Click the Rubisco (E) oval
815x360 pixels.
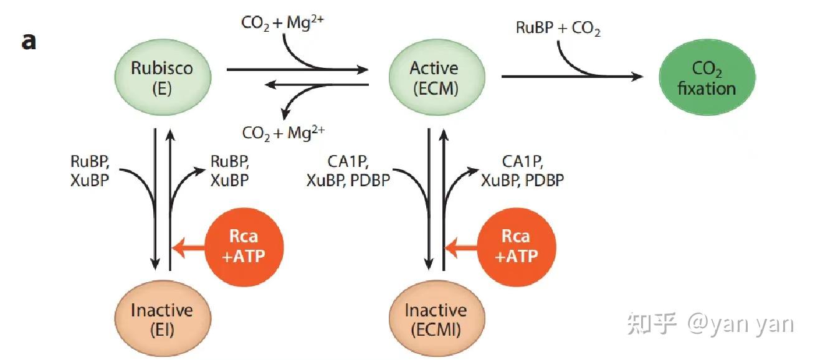tap(162, 77)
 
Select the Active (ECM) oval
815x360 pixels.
tap(434, 77)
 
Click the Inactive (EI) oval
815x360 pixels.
tap(162, 318)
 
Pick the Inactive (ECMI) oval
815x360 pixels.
tap(435, 318)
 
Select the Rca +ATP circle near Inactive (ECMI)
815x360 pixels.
tap(516, 246)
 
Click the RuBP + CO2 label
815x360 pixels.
tap(558, 29)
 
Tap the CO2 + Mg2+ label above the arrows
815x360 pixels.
tap(283, 22)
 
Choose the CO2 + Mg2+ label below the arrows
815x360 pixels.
tap(284, 132)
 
